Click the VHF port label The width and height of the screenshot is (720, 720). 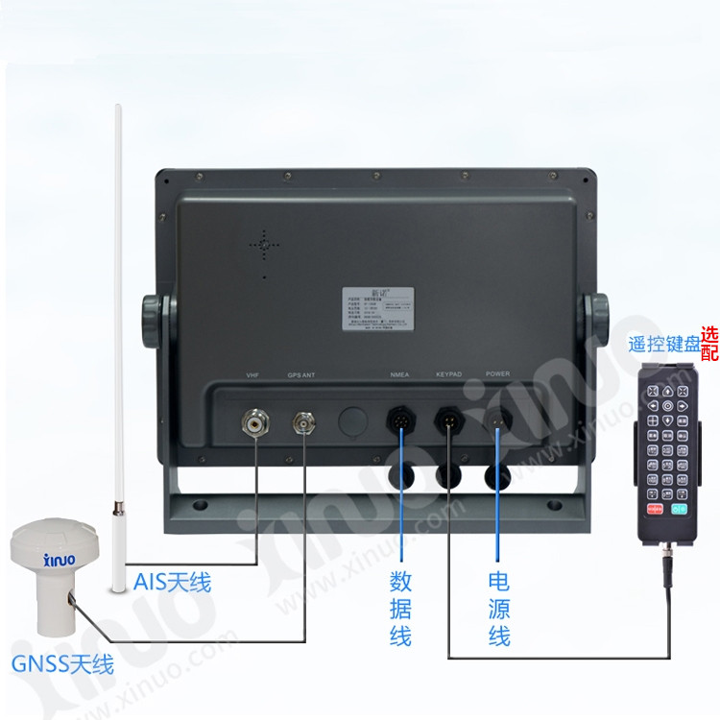[x=253, y=375]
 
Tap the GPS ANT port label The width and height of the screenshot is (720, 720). [x=302, y=375]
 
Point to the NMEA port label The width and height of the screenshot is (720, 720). [x=401, y=375]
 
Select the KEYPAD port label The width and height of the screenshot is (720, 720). [x=449, y=375]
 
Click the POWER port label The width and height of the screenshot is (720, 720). [x=497, y=375]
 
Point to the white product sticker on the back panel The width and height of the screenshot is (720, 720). [x=370, y=306]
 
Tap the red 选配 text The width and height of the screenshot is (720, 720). [x=709, y=344]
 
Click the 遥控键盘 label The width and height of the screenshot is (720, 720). [x=663, y=346]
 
